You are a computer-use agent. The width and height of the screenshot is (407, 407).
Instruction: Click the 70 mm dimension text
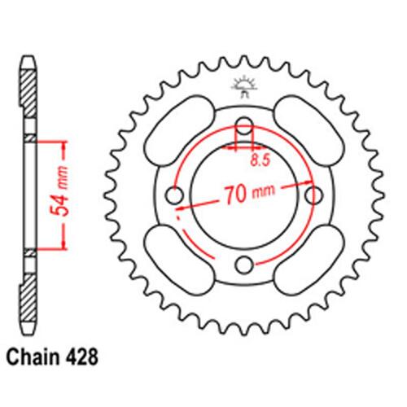(x=244, y=195)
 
